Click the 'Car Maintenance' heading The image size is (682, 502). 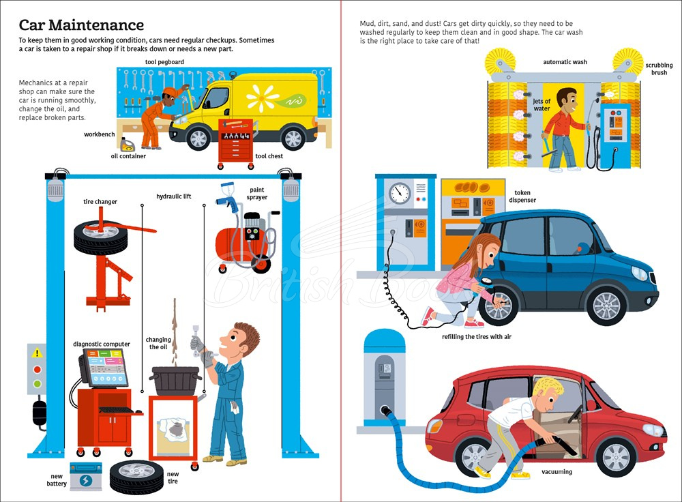[x=81, y=25]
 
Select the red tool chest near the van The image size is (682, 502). [x=235, y=143]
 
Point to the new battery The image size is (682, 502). [x=86, y=476]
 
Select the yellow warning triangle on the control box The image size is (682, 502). [x=37, y=353]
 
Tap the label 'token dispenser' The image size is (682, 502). [x=522, y=196]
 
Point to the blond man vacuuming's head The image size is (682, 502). [x=548, y=394]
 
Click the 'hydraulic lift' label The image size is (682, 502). [x=173, y=196]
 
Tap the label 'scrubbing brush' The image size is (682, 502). [x=659, y=69]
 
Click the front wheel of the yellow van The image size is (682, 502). [x=198, y=138]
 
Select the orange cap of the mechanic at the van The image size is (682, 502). [x=170, y=92]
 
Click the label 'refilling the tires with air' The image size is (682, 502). [x=477, y=337]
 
